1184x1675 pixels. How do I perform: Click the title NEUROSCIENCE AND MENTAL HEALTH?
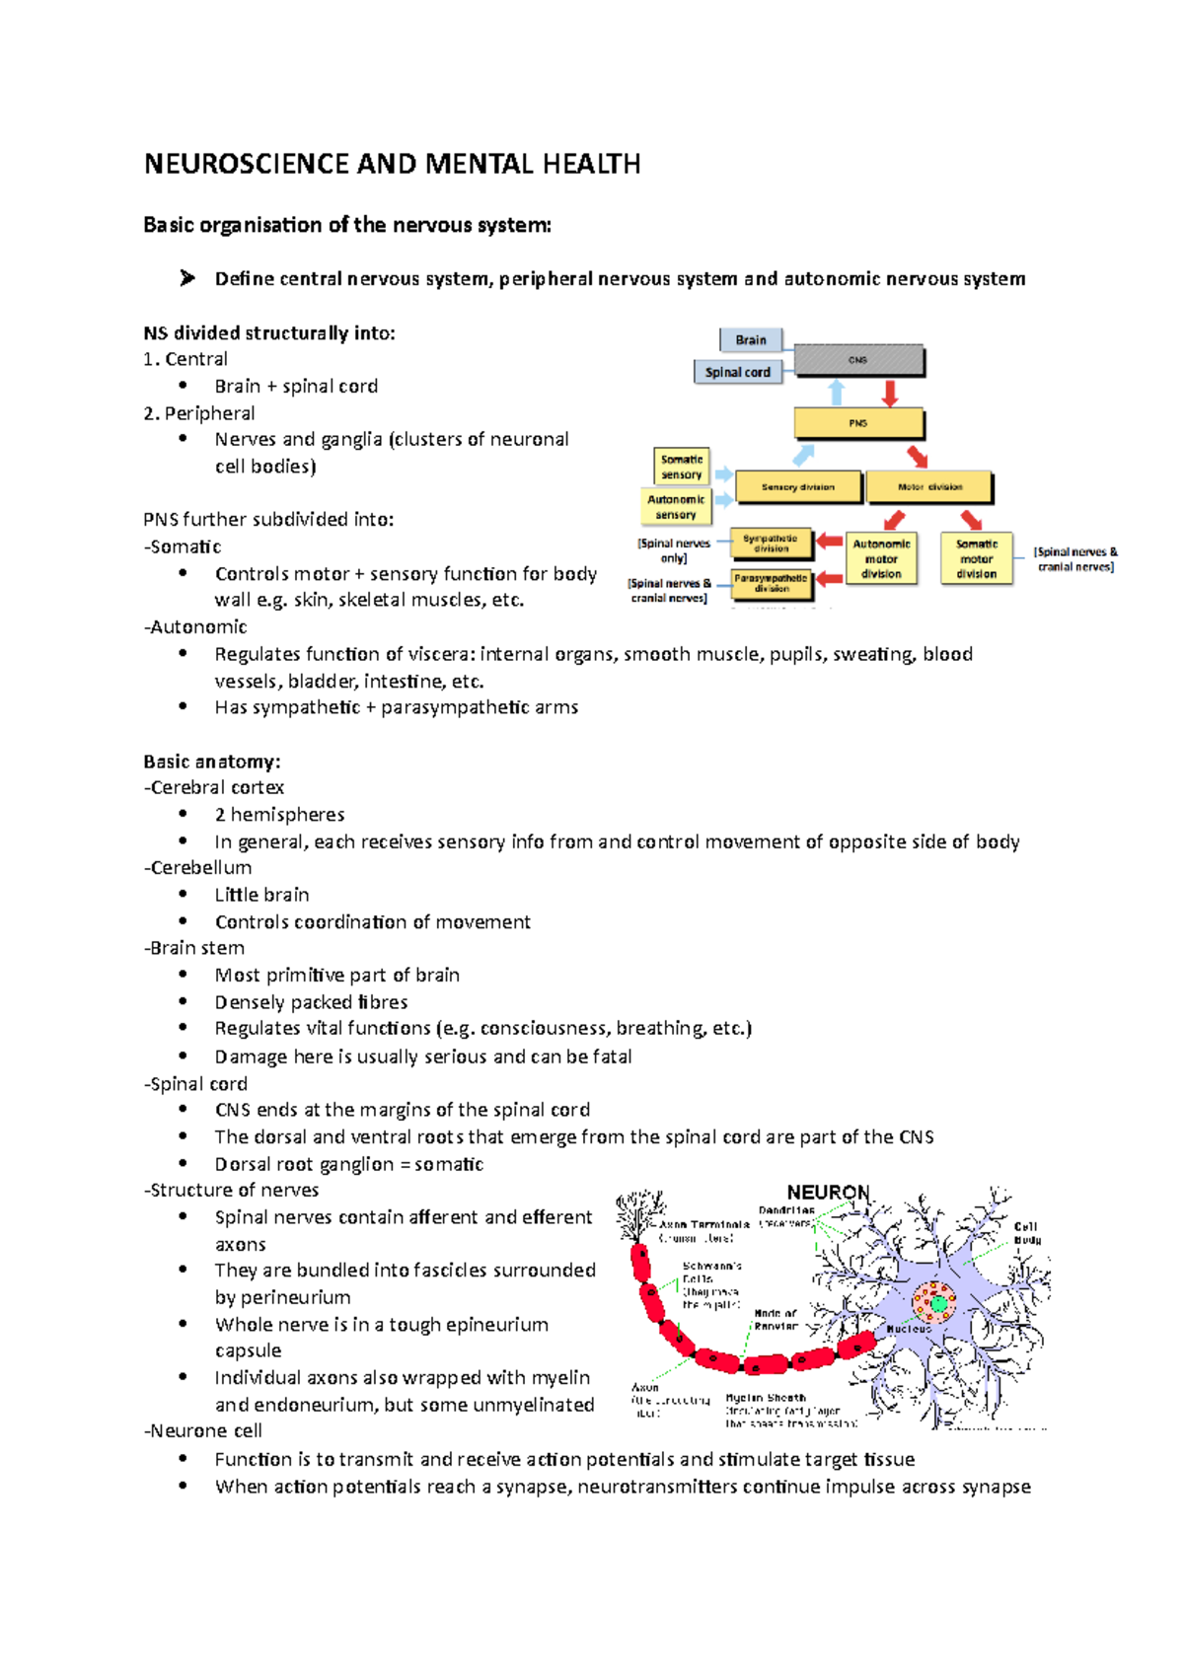point(392,164)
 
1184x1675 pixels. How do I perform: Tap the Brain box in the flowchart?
point(751,340)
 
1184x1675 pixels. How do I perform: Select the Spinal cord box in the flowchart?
point(738,372)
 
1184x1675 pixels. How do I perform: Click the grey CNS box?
point(857,360)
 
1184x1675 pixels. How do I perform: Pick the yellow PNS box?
point(858,423)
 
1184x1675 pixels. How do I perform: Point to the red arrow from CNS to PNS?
point(890,393)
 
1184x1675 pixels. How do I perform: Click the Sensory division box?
point(798,487)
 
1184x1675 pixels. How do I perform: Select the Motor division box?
point(929,487)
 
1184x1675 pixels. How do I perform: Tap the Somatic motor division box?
point(976,559)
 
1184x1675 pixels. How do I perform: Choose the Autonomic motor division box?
point(881,559)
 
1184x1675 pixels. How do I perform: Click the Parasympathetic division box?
point(772,583)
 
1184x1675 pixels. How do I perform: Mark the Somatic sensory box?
point(682,467)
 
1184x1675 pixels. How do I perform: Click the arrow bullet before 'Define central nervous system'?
point(187,279)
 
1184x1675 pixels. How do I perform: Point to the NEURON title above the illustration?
point(828,1193)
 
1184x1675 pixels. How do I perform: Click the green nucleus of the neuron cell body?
point(938,1304)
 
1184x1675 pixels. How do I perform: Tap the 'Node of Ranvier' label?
point(776,1320)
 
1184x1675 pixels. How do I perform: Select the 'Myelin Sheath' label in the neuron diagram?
point(766,1398)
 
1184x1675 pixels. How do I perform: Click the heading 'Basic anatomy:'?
point(212,762)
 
